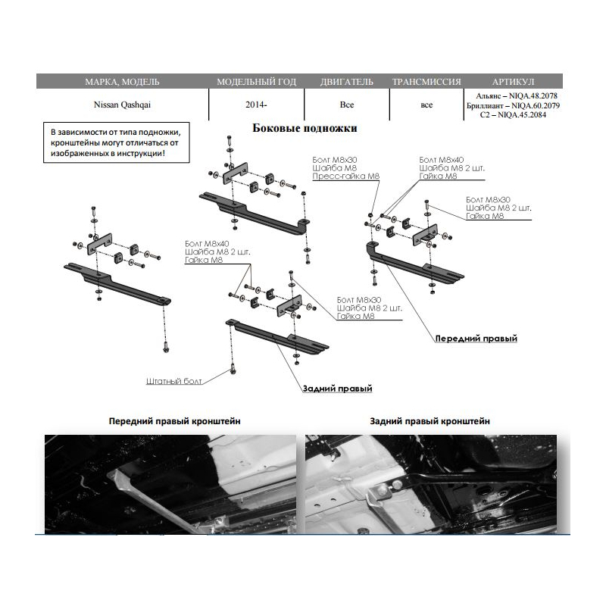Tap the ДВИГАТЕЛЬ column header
pyautogui.click(x=346, y=81)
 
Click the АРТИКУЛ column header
pyautogui.click(x=513, y=81)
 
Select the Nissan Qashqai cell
pyautogui.click(x=122, y=105)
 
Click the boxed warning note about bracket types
pyautogui.click(x=116, y=142)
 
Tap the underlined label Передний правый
pyautogui.click(x=476, y=339)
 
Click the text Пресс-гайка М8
pyautogui.click(x=346, y=176)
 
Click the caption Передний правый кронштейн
pyautogui.click(x=175, y=421)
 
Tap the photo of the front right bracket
pyautogui.click(x=170, y=484)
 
